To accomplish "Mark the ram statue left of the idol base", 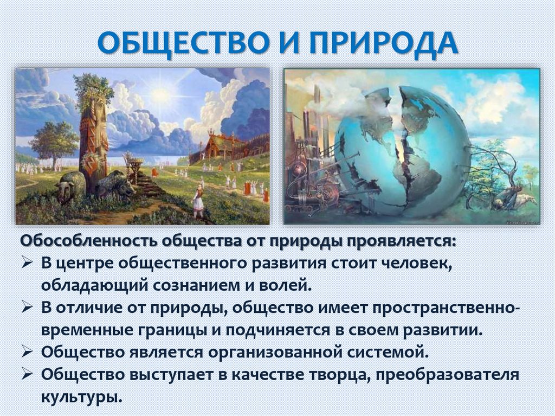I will (70, 186).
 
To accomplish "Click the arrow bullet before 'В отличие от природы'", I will (29, 307).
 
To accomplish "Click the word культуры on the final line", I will (79, 395).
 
